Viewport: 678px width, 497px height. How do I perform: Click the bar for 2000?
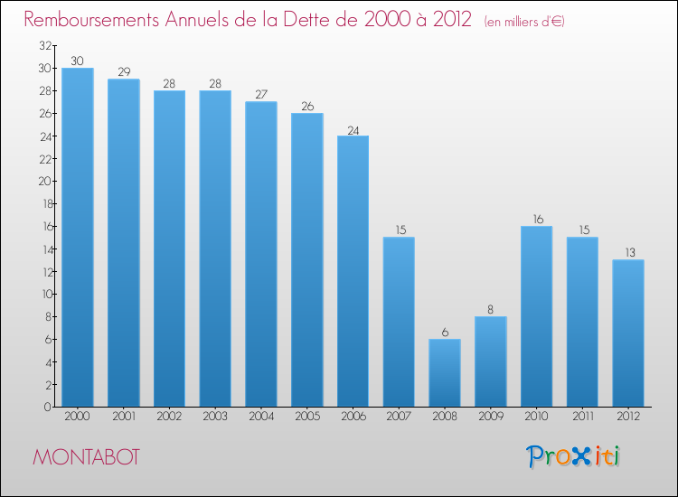click(x=78, y=237)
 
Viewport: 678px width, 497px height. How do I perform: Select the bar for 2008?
click(x=445, y=372)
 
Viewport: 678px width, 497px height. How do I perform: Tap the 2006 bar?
click(x=353, y=271)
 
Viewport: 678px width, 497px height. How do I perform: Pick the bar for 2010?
click(x=536, y=316)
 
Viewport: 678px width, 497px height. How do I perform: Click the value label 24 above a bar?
click(x=353, y=129)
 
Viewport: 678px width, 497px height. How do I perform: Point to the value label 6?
click(x=445, y=333)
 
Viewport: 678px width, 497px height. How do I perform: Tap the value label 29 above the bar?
click(x=124, y=72)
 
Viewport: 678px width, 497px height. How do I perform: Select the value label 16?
click(x=536, y=220)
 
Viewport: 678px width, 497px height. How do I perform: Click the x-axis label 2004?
click(x=261, y=417)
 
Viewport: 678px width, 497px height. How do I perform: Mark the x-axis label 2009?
click(x=490, y=417)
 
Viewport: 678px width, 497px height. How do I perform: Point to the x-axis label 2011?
click(x=582, y=417)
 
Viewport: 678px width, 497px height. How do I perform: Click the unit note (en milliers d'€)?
click(x=525, y=21)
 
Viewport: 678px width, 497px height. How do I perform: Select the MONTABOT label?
click(x=87, y=457)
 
